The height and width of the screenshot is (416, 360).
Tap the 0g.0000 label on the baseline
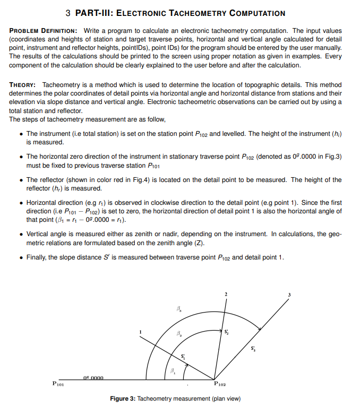tap(96, 377)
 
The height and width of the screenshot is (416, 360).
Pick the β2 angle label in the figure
tap(178, 334)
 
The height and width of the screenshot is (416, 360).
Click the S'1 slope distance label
tap(183, 356)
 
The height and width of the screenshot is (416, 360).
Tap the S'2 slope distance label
tap(227, 332)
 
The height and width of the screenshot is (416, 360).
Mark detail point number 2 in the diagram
tap(226, 294)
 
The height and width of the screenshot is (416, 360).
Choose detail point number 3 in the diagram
tap(289, 294)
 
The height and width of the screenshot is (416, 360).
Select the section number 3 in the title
tap(68, 13)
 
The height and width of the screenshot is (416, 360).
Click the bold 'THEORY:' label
tap(23, 85)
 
